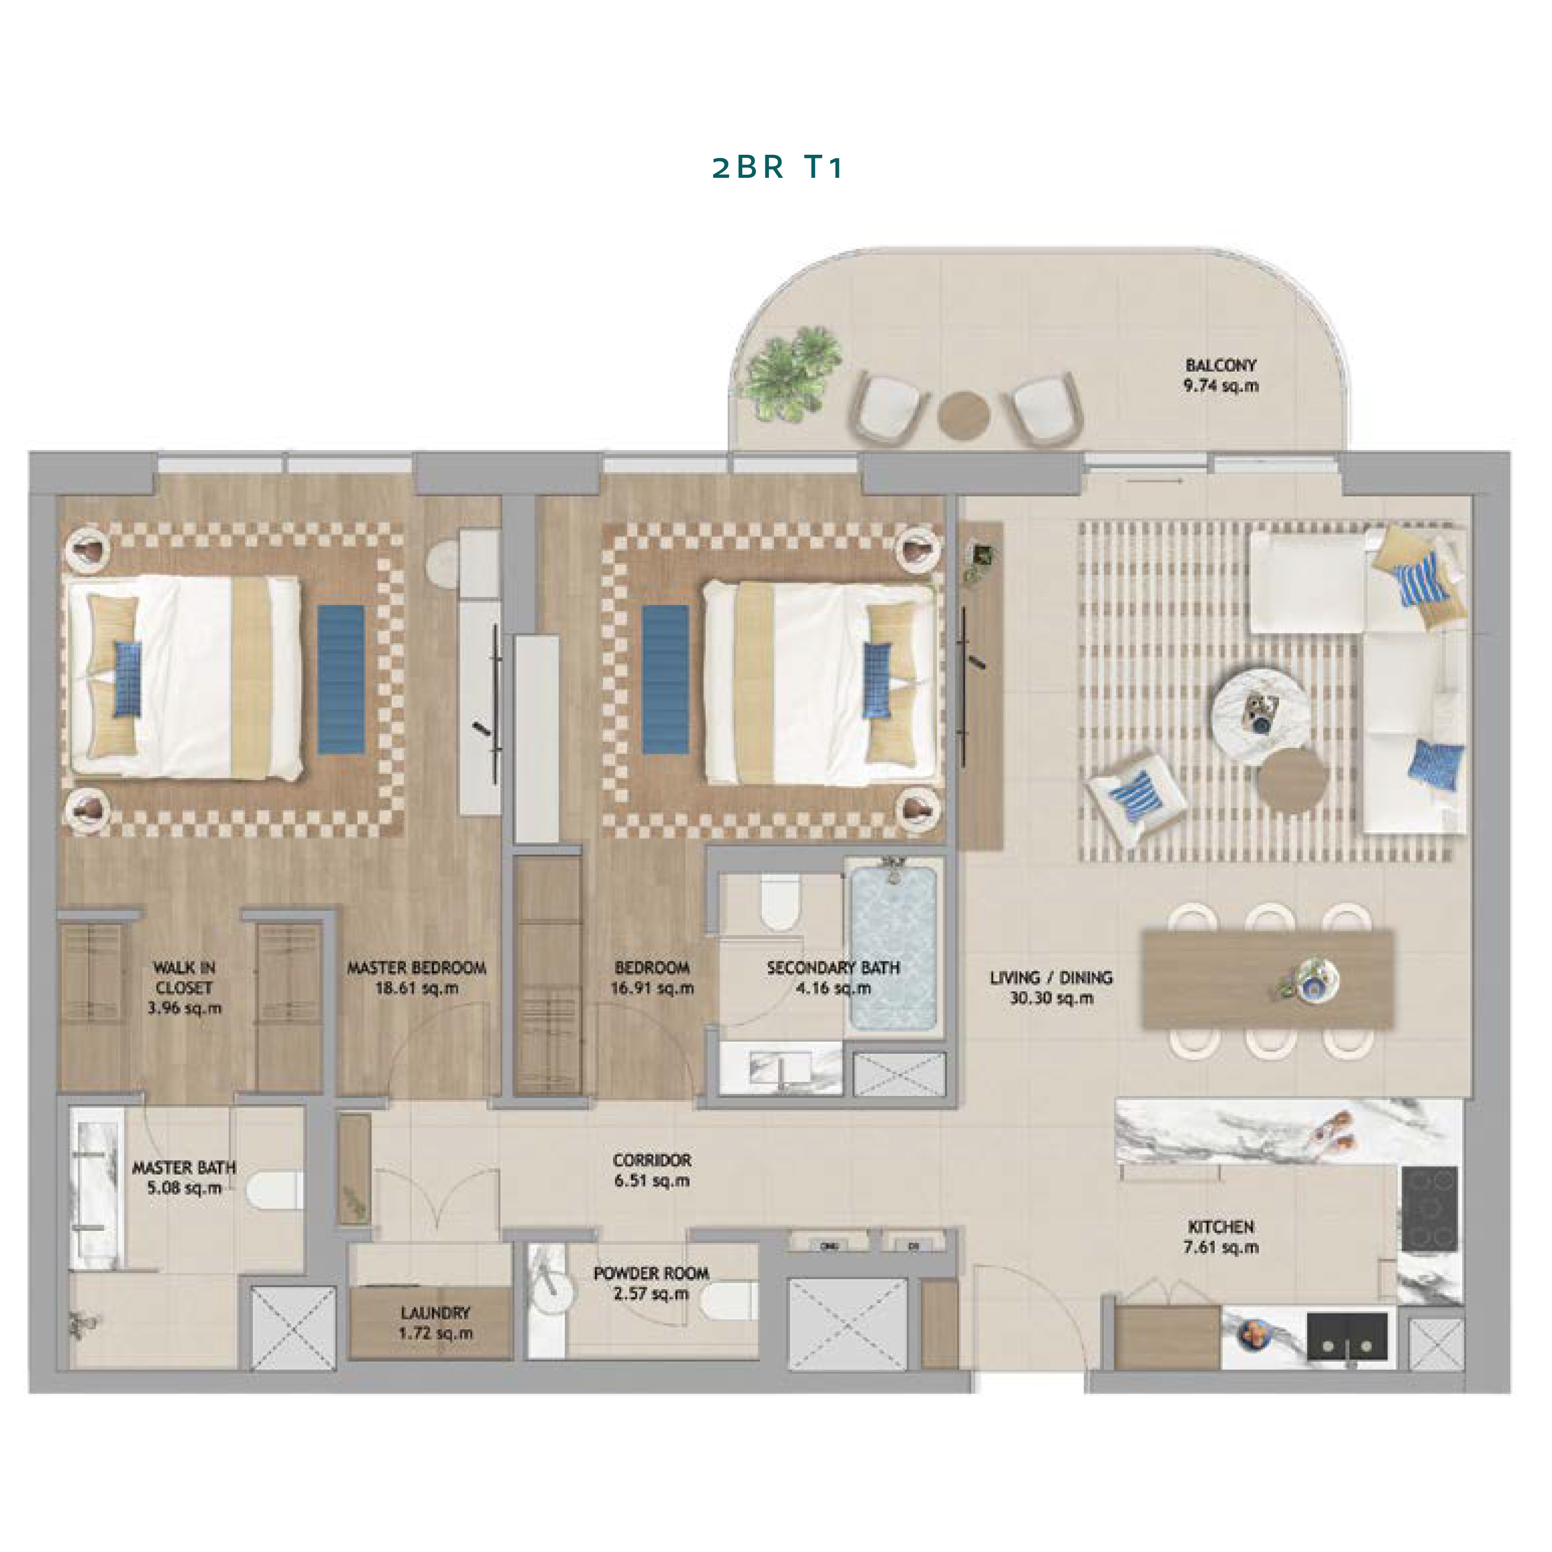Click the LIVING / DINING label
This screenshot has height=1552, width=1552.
[1051, 978]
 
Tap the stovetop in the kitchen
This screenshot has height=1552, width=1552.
[1430, 1209]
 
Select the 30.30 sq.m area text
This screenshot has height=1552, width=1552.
[1051, 999]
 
